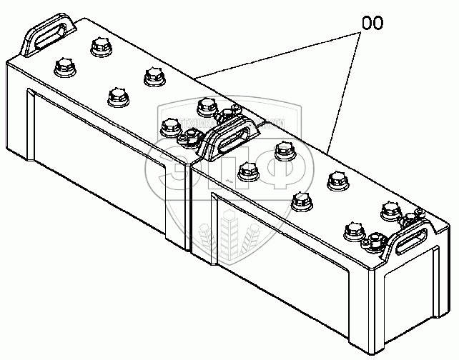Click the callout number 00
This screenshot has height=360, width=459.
(x=372, y=22)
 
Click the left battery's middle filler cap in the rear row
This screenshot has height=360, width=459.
(x=152, y=76)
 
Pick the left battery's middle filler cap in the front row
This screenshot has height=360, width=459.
(x=115, y=96)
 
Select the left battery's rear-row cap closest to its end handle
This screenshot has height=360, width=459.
(x=99, y=47)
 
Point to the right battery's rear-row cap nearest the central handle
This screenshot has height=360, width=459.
(x=285, y=151)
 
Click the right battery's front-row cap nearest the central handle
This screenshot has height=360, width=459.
(x=247, y=171)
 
